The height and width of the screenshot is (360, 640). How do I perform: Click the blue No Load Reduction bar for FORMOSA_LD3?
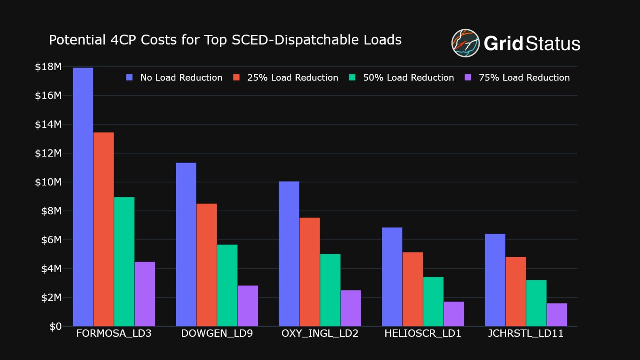[83, 197]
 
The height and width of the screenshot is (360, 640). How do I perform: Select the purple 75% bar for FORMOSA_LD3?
[145, 294]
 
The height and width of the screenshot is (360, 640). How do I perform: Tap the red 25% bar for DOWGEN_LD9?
[206, 265]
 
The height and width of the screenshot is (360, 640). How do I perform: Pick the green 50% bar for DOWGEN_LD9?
[227, 285]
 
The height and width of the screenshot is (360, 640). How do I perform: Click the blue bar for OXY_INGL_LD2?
[289, 254]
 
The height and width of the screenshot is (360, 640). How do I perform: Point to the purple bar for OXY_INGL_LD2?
[351, 308]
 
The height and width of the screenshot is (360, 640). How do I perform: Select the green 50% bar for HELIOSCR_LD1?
[433, 301]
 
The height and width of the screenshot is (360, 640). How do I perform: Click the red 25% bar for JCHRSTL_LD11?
[516, 291]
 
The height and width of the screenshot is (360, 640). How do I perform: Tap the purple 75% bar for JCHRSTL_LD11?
[557, 315]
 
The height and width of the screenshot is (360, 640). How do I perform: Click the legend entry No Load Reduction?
[181, 77]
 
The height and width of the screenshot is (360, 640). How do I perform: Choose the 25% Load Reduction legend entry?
[292, 77]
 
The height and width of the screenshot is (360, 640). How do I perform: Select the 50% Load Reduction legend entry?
[408, 77]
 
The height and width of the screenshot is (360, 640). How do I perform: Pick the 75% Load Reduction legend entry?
[524, 77]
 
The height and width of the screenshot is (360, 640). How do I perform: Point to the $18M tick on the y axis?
[48, 67]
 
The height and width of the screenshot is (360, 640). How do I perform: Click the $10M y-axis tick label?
[48, 182]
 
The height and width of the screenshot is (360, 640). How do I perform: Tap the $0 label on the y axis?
[55, 326]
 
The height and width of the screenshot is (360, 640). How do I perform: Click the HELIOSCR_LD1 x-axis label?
[423, 333]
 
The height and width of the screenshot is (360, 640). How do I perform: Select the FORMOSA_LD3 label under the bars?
[114, 333]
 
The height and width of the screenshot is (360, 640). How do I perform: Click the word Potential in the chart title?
[77, 40]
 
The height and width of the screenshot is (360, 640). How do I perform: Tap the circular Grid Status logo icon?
[465, 43]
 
